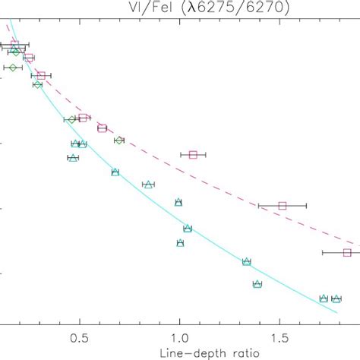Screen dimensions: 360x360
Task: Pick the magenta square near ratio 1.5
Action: tap(283, 205)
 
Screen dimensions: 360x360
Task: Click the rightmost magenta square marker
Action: tap(347, 252)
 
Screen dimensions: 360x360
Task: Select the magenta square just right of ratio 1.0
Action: tap(193, 154)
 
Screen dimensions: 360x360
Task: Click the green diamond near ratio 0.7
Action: tap(118, 141)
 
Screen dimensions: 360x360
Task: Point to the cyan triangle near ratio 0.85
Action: tap(149, 185)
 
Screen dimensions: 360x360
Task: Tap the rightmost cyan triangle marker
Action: tap(336, 298)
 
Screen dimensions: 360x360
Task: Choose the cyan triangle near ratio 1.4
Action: tap(257, 284)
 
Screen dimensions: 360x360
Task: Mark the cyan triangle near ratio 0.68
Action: tap(115, 172)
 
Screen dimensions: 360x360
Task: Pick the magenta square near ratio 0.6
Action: tap(102, 128)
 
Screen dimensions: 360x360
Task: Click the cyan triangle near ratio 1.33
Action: tap(247, 262)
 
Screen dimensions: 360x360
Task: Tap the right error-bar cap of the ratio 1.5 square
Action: tap(306, 205)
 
